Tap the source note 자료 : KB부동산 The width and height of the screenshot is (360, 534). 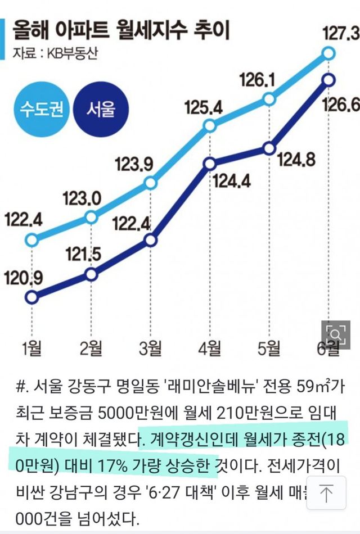tap(48, 54)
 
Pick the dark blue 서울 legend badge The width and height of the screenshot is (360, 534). tap(100, 107)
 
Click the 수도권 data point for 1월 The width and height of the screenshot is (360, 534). tap(33, 241)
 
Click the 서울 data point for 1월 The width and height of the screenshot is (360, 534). tap(33, 296)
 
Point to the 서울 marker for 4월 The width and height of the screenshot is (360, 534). tap(210, 164)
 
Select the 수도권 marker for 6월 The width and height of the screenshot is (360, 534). tap(330, 53)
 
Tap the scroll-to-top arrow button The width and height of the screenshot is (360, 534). tap(326, 495)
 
